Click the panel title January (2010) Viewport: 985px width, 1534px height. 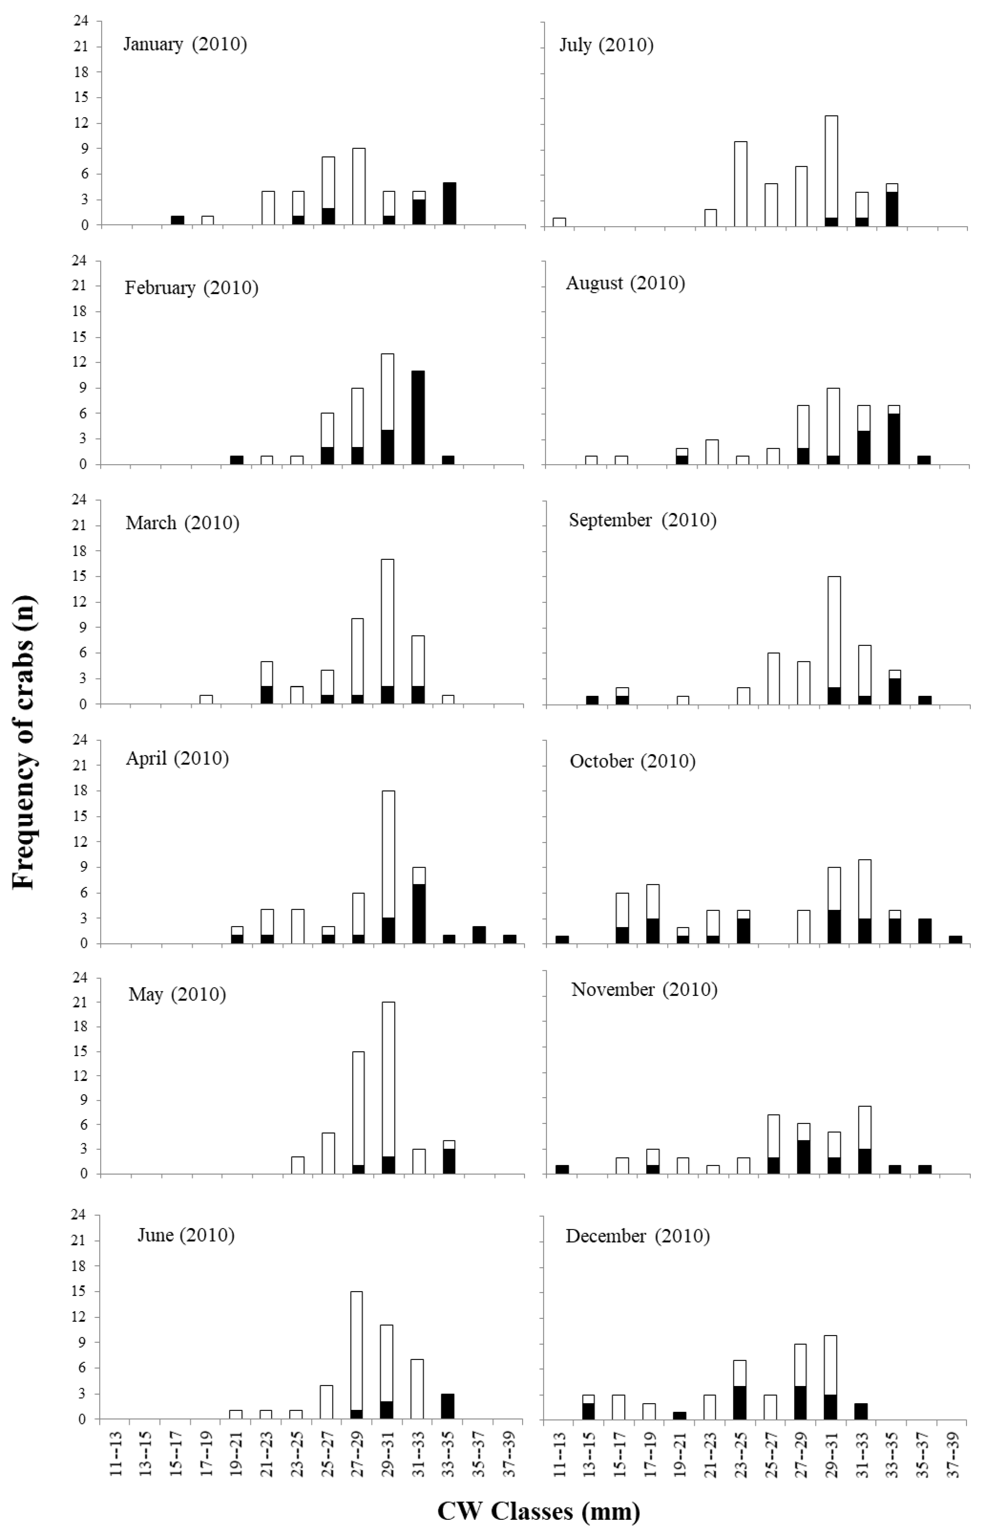click(x=184, y=45)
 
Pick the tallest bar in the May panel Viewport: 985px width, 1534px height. click(x=387, y=1088)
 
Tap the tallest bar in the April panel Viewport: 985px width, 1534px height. click(x=387, y=867)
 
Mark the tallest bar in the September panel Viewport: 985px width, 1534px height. click(x=833, y=640)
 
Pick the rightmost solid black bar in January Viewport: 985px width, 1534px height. click(x=449, y=204)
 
